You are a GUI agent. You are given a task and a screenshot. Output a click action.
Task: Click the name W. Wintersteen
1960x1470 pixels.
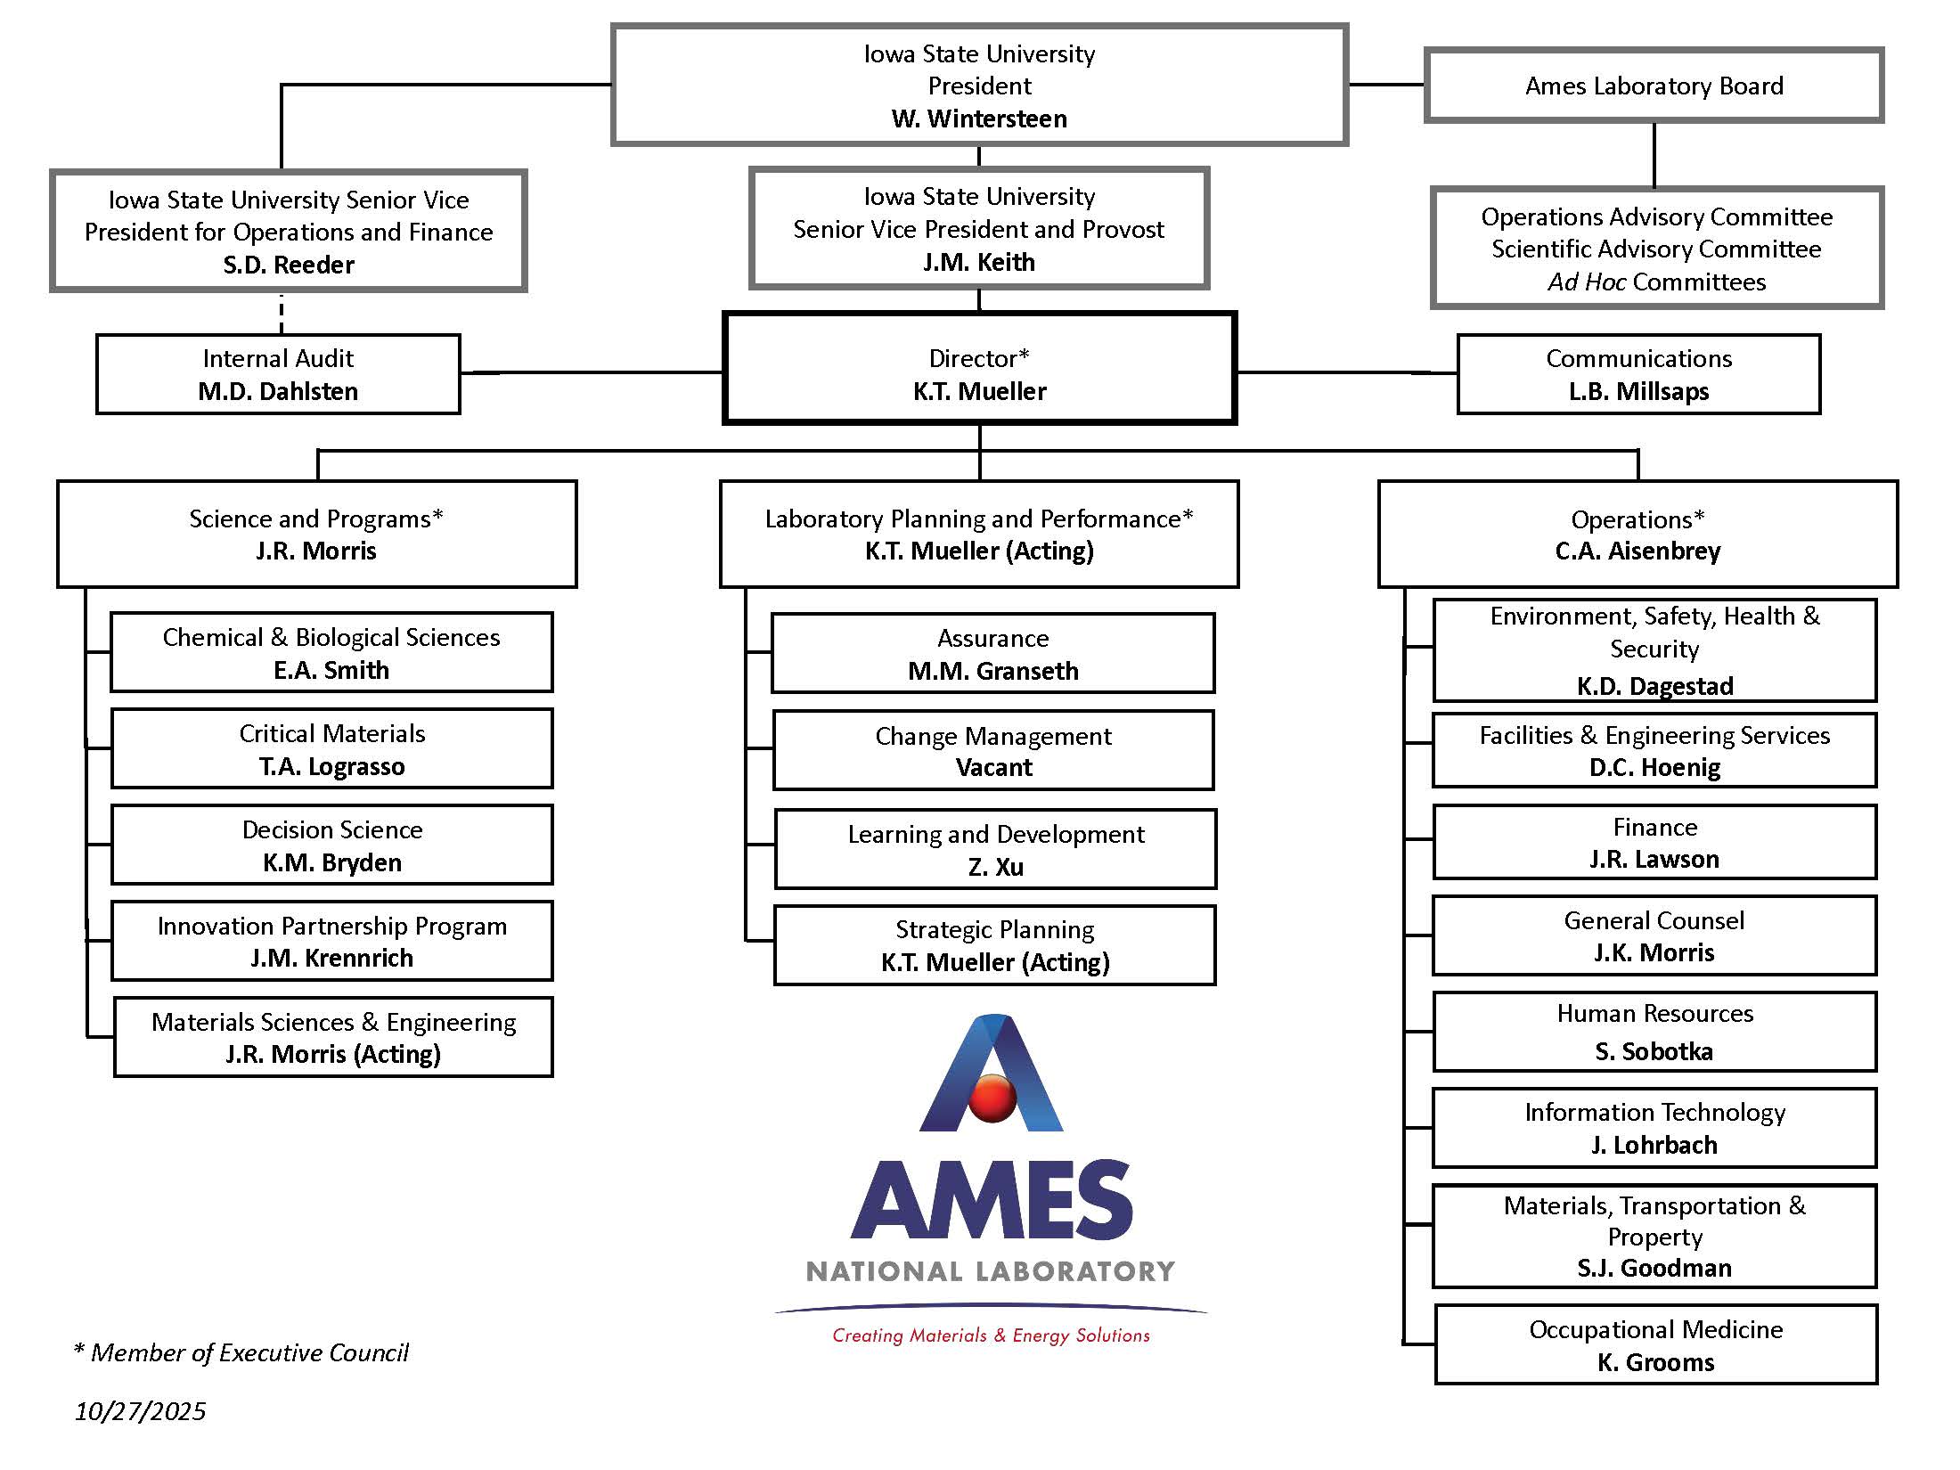click(978, 118)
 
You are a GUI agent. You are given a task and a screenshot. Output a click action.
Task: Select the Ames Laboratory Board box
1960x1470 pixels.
click(1654, 86)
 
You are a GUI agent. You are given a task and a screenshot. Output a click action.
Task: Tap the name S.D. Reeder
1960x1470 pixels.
click(288, 265)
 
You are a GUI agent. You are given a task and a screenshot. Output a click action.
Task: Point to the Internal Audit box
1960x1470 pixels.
click(278, 374)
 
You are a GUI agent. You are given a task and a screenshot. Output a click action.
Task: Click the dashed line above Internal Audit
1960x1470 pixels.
click(282, 313)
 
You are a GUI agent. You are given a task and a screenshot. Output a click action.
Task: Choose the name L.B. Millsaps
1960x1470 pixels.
click(1638, 391)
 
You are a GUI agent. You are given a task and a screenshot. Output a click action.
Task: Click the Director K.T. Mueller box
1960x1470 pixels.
click(979, 368)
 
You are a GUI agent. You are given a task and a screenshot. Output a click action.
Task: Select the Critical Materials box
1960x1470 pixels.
click(331, 748)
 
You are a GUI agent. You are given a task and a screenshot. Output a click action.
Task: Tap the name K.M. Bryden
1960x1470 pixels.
click(331, 862)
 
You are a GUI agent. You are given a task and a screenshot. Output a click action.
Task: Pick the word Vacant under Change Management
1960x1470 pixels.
click(993, 767)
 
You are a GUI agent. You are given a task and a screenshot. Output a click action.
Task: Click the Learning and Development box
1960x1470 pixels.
click(995, 848)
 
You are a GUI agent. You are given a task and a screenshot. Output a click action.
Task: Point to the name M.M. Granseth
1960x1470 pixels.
click(992, 671)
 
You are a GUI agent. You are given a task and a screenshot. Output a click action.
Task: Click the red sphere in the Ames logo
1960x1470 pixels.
click(992, 1098)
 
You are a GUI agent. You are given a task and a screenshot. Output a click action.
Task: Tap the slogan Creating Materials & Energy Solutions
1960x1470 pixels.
click(991, 1335)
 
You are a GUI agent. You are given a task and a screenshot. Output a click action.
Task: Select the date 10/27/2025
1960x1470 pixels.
click(140, 1411)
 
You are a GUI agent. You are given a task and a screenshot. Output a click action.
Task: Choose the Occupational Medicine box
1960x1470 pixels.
click(1655, 1344)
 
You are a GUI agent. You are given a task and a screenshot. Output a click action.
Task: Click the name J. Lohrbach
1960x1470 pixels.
click(1654, 1145)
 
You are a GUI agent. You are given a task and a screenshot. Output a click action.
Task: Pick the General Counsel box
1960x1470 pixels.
click(1654, 935)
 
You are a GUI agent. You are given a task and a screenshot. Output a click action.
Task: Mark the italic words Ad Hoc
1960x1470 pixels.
click(1587, 282)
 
